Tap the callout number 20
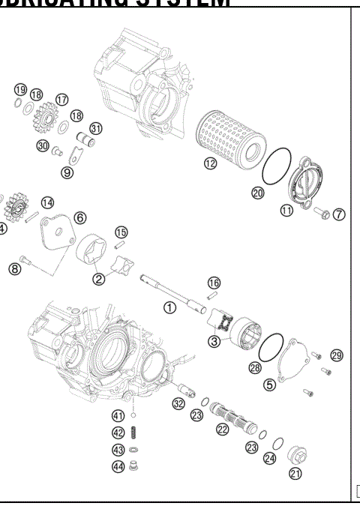tap(258, 193)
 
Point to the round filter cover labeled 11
tap(301, 184)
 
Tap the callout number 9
tap(67, 172)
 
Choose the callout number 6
tap(79, 217)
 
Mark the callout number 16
tap(214, 283)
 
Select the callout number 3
tap(214, 342)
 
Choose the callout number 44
tap(118, 466)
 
